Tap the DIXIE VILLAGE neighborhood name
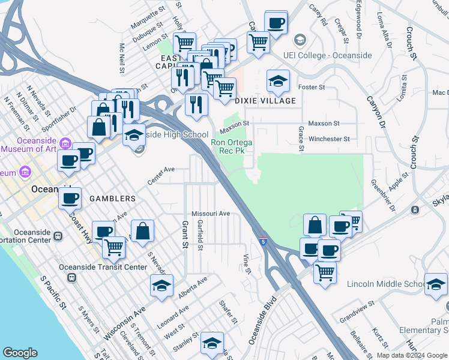(266, 101)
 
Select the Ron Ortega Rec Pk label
(232, 146)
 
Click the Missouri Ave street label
(211, 214)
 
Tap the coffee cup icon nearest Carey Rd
(276, 23)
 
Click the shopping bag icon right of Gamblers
(143, 231)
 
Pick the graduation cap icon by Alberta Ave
(161, 286)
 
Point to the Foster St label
(312, 87)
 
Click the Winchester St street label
(328, 139)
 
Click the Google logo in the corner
(20, 353)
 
